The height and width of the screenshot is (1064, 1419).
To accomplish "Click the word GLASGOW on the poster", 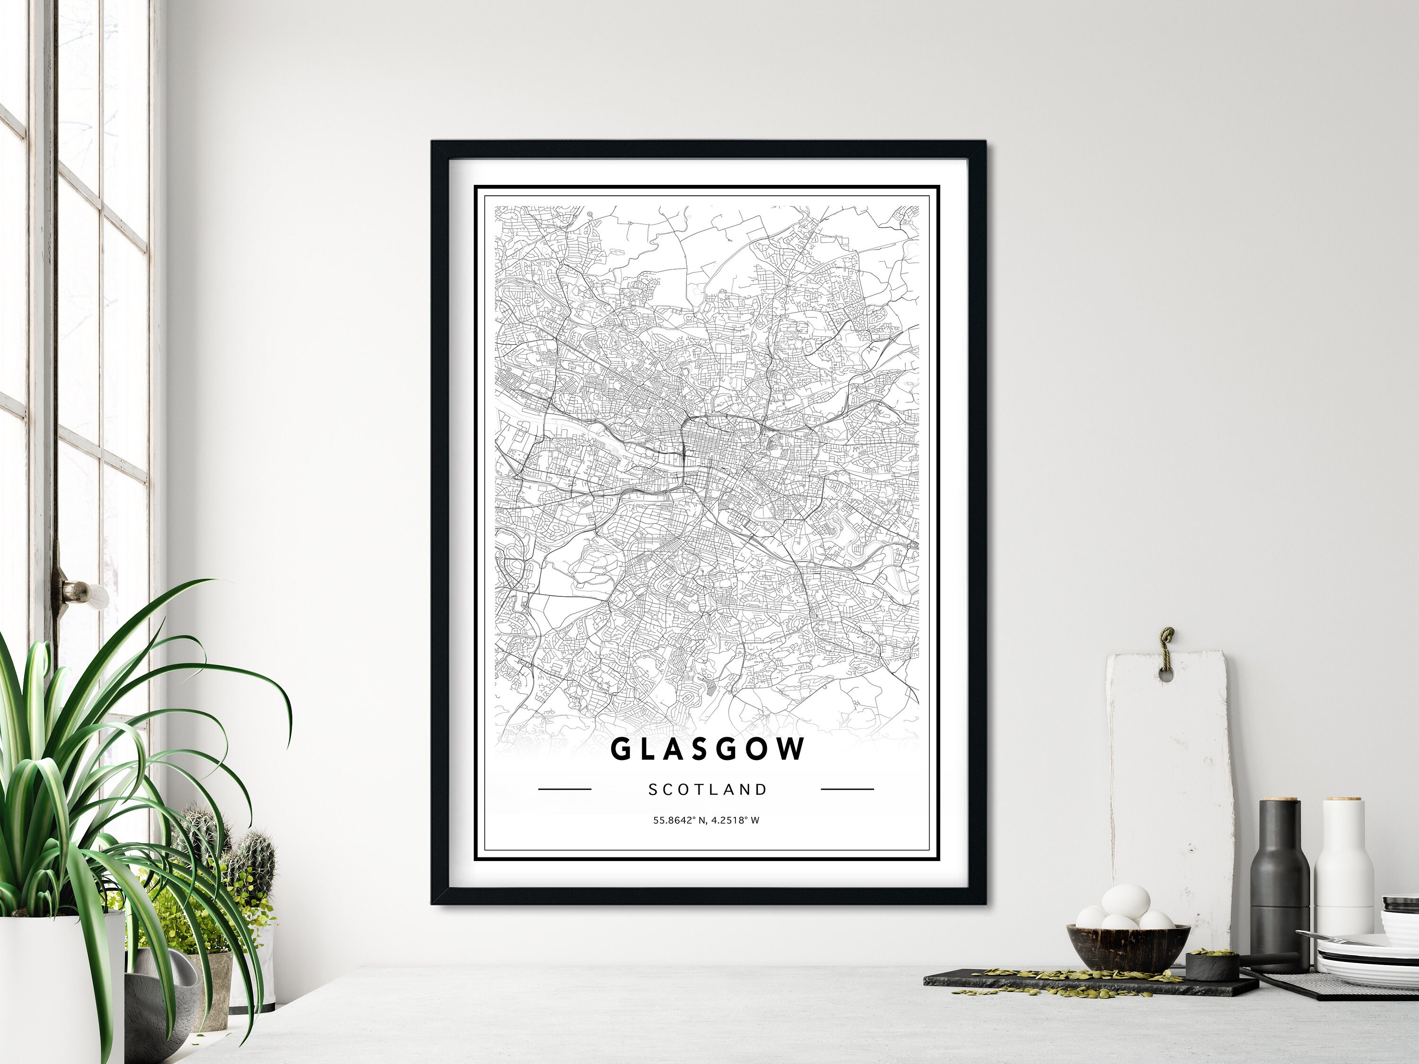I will tap(708, 749).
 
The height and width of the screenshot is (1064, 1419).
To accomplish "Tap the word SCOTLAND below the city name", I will tap(708, 790).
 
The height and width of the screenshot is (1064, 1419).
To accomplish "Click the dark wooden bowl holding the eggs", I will tap(1120, 945).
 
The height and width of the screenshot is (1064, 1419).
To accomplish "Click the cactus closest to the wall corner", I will tap(256, 859).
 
